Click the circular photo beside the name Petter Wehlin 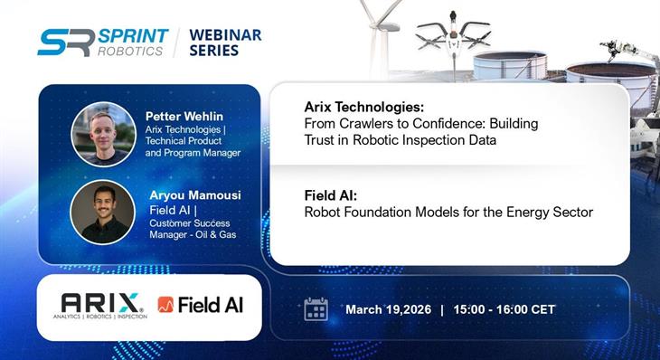click(x=102, y=133)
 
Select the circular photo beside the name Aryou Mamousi click(x=102, y=212)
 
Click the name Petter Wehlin click(x=184, y=115)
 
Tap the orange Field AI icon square click(x=165, y=306)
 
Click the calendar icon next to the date click(x=316, y=309)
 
